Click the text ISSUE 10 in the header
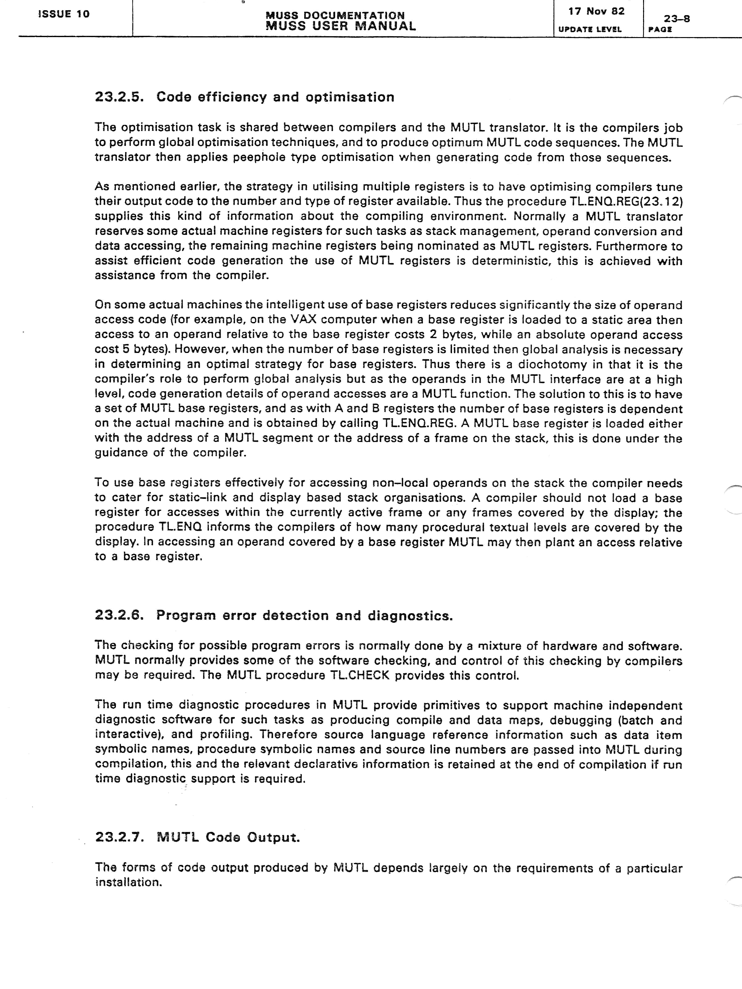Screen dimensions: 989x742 (64, 14)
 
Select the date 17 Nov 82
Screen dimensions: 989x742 (596, 11)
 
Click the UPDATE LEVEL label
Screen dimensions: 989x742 (590, 29)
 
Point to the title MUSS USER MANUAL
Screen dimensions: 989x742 (340, 26)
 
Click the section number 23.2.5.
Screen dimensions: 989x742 (119, 97)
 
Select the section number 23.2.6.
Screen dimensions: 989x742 (119, 615)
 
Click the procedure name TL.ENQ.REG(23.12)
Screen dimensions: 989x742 (624, 202)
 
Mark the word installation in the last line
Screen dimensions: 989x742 (128, 882)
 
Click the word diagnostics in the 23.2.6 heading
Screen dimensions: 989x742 (410, 616)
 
